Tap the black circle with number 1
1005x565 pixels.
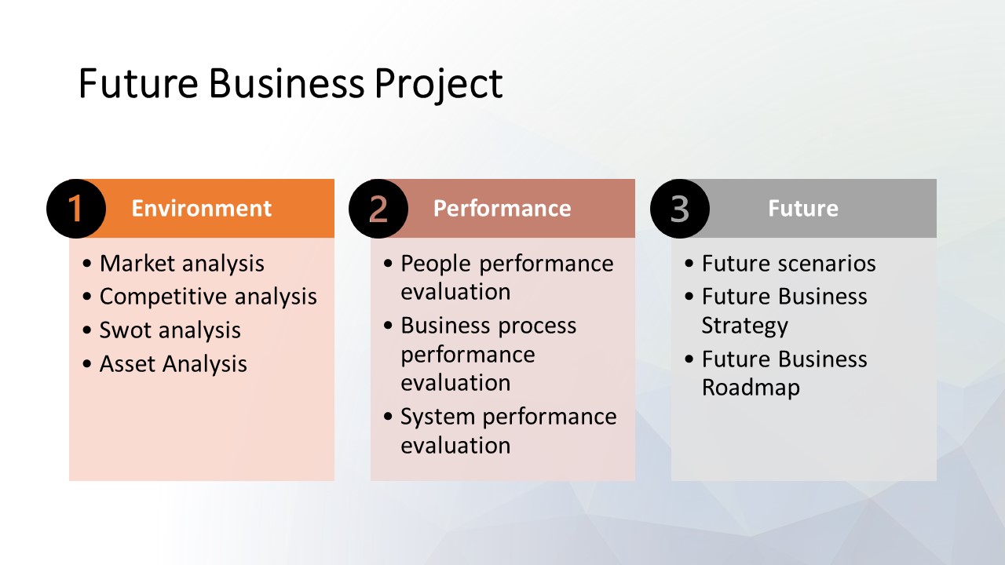pos(76,209)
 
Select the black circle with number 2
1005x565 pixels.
pos(378,209)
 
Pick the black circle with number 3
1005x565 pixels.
pos(680,209)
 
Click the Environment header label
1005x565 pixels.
pos(202,209)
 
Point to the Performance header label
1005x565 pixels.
pos(502,209)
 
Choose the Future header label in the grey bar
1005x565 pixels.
pos(803,209)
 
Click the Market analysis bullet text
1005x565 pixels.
pos(181,264)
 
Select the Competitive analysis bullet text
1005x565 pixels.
pos(208,297)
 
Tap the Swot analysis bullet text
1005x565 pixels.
pos(170,330)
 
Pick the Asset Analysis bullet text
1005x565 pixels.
pos(174,363)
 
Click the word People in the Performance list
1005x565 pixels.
pos(436,264)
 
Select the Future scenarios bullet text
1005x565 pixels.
pos(788,263)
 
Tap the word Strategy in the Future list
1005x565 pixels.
pos(745,326)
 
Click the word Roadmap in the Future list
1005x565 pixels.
pos(751,388)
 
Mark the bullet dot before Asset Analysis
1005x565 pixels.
pos(87,363)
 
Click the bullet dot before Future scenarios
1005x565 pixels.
pos(689,263)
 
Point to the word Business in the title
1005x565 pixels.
pos(287,83)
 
